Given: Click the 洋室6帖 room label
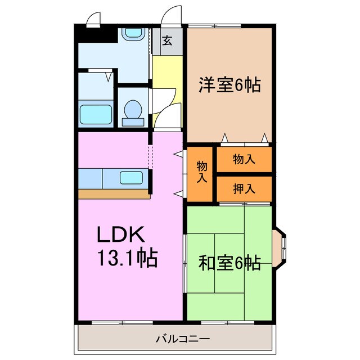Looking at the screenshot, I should tap(229, 85).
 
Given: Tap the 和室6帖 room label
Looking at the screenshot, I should tap(229, 263).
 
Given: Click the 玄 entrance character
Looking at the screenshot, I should tap(167, 40).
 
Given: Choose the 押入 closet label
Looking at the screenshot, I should tap(244, 189).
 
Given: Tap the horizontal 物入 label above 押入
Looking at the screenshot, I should tap(244, 159).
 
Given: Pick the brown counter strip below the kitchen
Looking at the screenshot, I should tap(112, 193).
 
